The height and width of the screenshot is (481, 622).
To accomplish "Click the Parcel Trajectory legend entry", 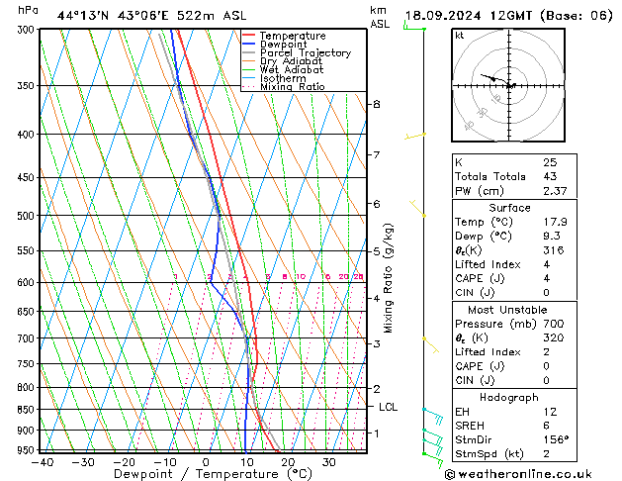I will point(305,52).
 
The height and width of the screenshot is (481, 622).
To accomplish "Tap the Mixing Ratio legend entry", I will point(293,86).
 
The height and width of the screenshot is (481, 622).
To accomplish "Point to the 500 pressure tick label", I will point(24,216).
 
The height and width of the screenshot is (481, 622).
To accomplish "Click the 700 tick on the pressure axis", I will point(24,338).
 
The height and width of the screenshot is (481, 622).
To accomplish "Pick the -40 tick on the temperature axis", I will point(42,461).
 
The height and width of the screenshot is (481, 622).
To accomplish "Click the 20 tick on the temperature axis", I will point(288,461).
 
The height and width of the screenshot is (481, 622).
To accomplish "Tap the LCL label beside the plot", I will point(389,407).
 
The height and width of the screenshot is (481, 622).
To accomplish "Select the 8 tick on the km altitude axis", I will point(377,104).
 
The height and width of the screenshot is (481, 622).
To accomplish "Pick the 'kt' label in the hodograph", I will point(459,35).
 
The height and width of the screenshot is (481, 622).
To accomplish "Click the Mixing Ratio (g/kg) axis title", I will point(389,278).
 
